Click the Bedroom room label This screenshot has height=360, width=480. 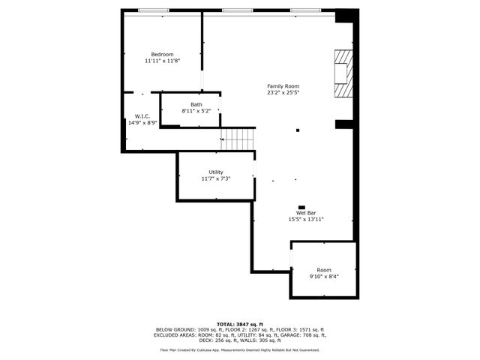162,54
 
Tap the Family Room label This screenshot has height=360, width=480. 282,86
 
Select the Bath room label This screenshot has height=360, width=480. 196,104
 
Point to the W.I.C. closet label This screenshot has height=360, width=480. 142,116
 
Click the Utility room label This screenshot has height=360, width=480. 215,172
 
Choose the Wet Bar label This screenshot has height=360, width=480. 305,213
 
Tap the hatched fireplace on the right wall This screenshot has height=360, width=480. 343,73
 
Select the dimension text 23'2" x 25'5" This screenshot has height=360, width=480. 282,94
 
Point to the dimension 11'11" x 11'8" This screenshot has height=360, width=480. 162,61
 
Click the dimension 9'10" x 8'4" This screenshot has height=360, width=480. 323,277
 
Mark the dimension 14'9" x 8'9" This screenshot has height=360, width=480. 142,123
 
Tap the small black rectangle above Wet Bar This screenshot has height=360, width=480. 301,206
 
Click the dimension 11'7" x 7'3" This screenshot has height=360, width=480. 215,179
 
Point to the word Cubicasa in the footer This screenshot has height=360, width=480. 211,349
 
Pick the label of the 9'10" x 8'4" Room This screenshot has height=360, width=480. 323,270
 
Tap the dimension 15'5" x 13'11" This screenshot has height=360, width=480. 305,220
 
